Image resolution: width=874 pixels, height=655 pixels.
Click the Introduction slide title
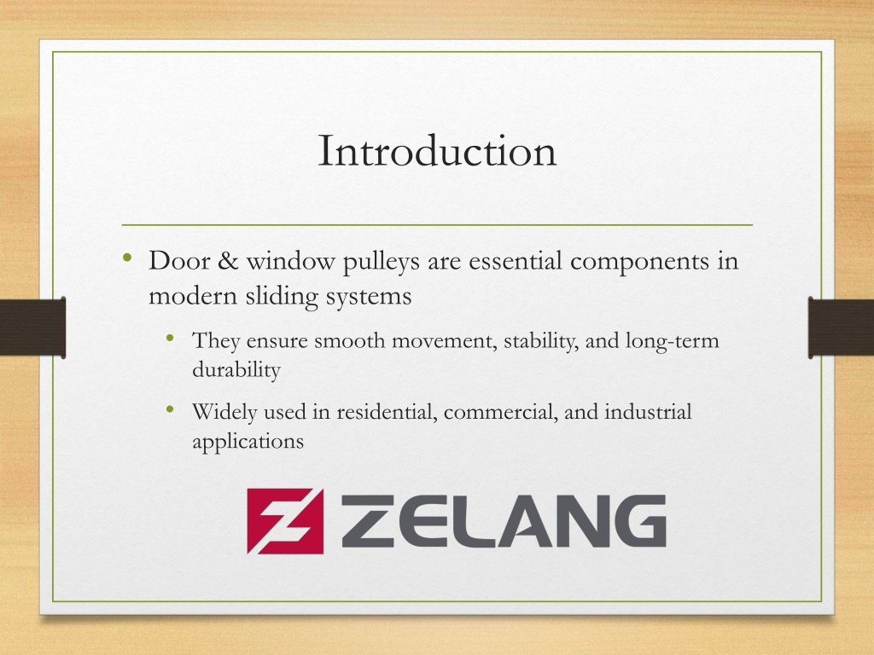pos(437,150)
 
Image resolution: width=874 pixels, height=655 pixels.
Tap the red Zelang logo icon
pos(285,521)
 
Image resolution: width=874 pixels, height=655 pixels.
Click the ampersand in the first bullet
pos(228,260)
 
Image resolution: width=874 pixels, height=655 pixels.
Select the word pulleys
pos(381,262)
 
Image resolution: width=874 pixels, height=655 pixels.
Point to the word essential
pos(515,260)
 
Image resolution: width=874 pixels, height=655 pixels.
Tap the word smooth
pos(349,340)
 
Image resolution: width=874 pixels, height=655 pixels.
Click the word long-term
pos(673,341)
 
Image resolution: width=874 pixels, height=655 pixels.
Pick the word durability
pos(236,370)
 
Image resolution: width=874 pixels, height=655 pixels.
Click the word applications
pos(248,442)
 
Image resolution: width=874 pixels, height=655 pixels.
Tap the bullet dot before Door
pos(127,258)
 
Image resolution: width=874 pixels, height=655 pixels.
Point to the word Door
pos(179,260)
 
